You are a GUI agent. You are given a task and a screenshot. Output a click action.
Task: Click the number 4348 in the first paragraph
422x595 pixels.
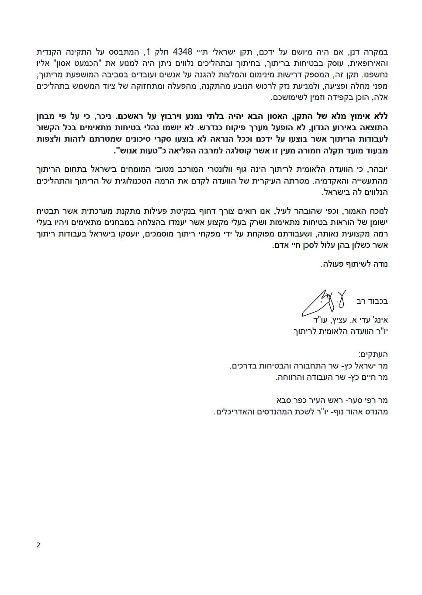pyautogui.click(x=183, y=52)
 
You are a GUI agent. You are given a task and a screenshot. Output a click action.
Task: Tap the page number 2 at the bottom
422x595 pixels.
pyautogui.click(x=38, y=545)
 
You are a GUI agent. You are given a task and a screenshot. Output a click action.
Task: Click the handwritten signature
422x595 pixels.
pyautogui.click(x=324, y=303)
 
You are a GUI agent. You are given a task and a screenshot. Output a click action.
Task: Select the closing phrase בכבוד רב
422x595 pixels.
pyautogui.click(x=372, y=301)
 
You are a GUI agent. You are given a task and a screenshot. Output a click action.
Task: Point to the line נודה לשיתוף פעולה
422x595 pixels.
pyautogui.click(x=354, y=264)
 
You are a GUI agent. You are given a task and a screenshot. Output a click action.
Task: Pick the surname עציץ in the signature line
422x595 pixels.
pyautogui.click(x=339, y=320)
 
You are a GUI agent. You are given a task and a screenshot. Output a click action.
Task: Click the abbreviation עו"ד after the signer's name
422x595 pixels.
pyautogui.click(x=321, y=320)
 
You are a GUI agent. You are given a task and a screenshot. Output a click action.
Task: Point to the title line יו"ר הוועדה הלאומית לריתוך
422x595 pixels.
pyautogui.click(x=341, y=331)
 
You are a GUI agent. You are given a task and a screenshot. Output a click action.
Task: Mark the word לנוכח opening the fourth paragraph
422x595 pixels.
pyautogui.click(x=377, y=211)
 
